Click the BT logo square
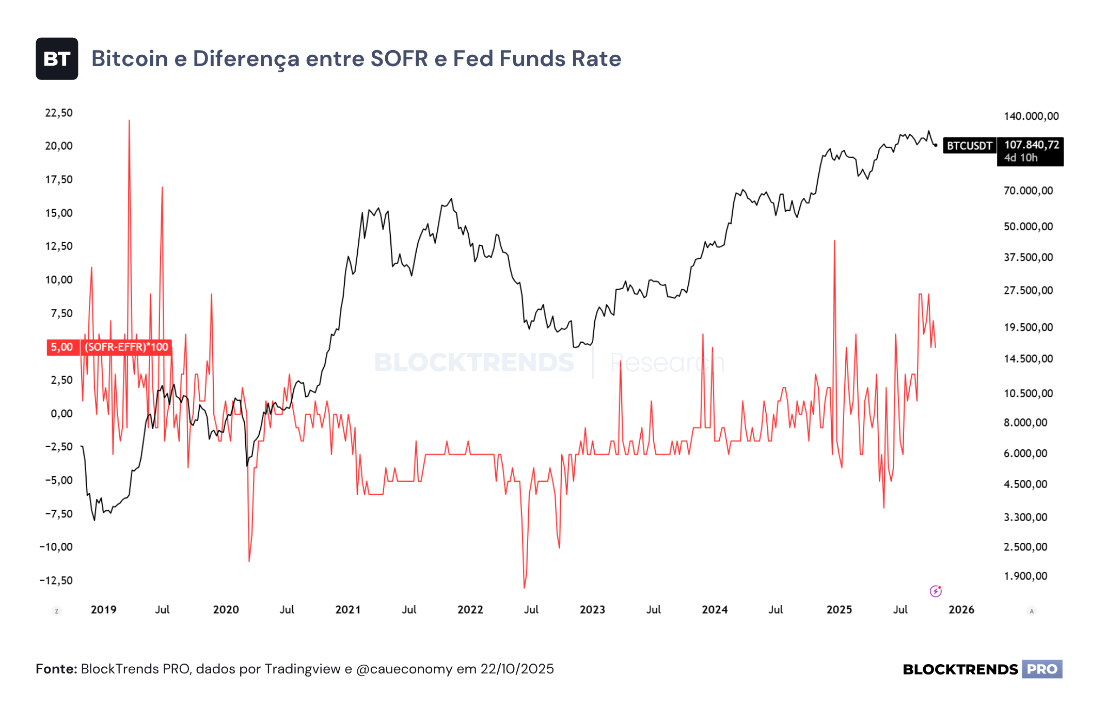tap(57, 59)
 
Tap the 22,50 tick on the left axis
tap(59, 113)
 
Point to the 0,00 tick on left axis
tap(61, 413)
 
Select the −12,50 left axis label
tap(56, 580)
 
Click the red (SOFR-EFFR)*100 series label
tap(126, 347)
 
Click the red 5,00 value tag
tap(62, 347)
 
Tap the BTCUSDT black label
tap(969, 146)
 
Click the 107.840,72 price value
tap(1031, 145)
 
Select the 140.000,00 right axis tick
tap(1031, 116)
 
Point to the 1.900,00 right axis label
tap(1025, 576)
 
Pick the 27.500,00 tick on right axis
tap(1028, 290)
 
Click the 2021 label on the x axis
tap(348, 610)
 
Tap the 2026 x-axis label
tap(961, 610)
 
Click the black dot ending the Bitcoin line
tap(936, 145)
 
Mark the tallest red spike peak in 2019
tap(129, 120)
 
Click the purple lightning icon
tap(936, 591)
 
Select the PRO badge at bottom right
tap(1042, 669)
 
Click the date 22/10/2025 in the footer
tap(517, 669)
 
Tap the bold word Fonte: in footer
tap(56, 669)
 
